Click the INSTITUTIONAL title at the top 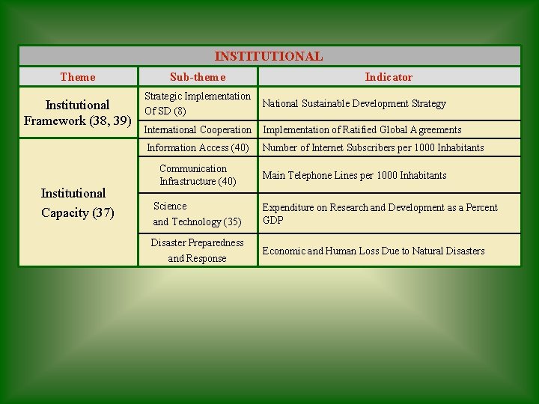point(269,56)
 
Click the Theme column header point(78,77)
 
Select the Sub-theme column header point(198,77)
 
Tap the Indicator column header point(389,77)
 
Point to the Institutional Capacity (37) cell point(77,203)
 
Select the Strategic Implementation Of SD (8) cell point(198,103)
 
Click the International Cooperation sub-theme point(198,129)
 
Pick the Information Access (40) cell point(198,147)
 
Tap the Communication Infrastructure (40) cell point(198,175)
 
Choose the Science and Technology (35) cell point(198,214)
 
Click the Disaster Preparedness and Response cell point(198,251)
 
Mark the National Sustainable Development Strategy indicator point(354,103)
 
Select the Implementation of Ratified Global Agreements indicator point(362,129)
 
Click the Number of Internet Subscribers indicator point(373,147)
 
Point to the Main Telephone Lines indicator point(354,175)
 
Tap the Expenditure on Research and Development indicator point(380,208)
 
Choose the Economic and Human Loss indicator point(373,251)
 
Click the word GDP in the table point(273,221)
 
